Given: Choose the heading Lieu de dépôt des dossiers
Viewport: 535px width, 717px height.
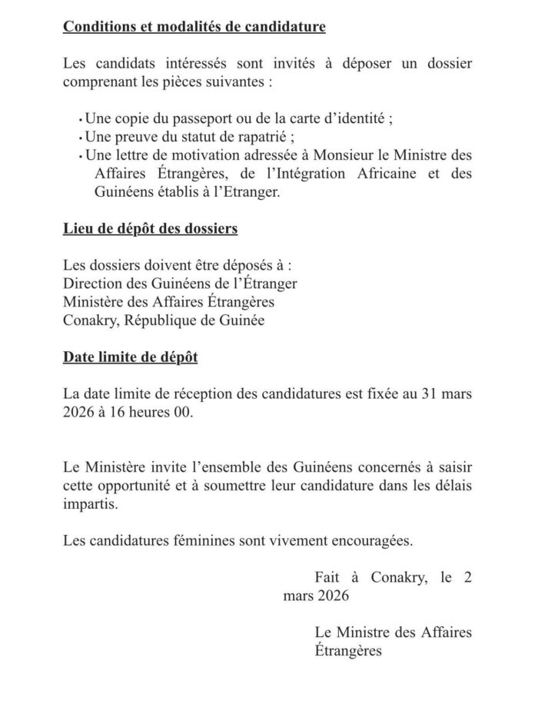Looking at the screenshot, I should [151, 228].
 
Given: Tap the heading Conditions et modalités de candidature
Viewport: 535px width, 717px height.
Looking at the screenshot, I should [194, 28].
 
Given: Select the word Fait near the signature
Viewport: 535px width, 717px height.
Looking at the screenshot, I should [327, 577].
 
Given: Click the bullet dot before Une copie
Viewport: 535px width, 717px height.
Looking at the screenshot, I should [80, 122].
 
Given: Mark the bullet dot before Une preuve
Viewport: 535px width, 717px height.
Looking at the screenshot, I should [80, 140].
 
